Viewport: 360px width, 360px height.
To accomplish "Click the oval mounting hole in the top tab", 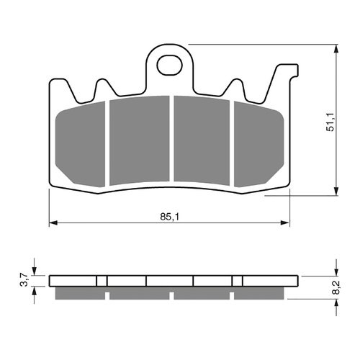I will click(170, 64).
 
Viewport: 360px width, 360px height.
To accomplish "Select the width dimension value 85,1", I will click(170, 215).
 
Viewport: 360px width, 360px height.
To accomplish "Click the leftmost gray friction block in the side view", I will click(79, 294).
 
